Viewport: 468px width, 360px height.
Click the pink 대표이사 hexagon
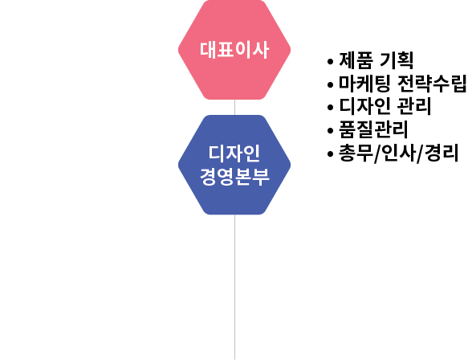pyautogui.click(x=234, y=50)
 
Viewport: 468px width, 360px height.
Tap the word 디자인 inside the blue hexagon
pyautogui.click(x=234, y=153)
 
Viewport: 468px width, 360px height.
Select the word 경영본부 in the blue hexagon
pyautogui.click(x=234, y=176)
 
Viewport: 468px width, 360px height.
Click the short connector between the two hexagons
pyautogui.click(x=234, y=107)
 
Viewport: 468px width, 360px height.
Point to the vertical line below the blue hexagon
pyautogui.click(x=234, y=287)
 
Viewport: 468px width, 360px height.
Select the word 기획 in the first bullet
pyautogui.click(x=397, y=60)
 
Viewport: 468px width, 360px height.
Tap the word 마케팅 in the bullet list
pyautogui.click(x=364, y=84)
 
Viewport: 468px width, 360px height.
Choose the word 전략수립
pyautogui.click(x=432, y=84)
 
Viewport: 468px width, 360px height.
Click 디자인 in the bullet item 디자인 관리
pyautogui.click(x=364, y=106)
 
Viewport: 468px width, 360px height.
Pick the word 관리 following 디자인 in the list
pyautogui.click(x=414, y=106)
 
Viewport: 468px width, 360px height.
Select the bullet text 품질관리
pyautogui.click(x=373, y=129)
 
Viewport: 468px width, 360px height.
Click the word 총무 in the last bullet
pyautogui.click(x=356, y=153)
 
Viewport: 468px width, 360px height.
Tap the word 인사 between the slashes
pyautogui.click(x=398, y=153)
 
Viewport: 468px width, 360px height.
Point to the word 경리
pyautogui.click(x=442, y=153)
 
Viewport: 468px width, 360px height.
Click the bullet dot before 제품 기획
pyautogui.click(x=330, y=62)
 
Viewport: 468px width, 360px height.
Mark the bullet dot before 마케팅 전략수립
pyautogui.click(x=330, y=84)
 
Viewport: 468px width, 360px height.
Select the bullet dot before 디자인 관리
pyautogui.click(x=330, y=108)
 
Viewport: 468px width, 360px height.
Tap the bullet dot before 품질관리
pyautogui.click(x=330, y=130)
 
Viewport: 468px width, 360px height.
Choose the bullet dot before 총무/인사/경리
pyautogui.click(x=330, y=153)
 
